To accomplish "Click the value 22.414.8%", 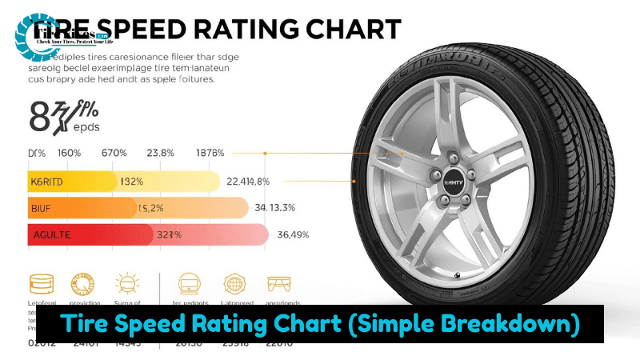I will pos(248,182).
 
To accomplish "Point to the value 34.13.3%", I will pos(274,208).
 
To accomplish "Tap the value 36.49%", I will pos(292,234).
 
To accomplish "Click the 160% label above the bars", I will pos(69,154).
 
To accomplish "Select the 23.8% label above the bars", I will pos(161,154).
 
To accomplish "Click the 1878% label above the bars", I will pos(210,154).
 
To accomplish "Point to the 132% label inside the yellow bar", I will pos(131,182).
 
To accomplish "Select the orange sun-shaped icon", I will pos(127,284).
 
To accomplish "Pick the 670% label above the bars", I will pos(114,154).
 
